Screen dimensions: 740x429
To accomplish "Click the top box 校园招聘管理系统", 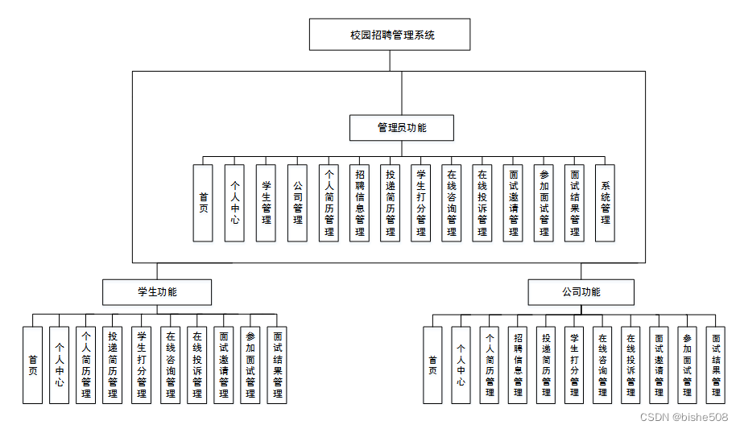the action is pos(390,35).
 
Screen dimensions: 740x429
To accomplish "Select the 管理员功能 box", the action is pos(402,127).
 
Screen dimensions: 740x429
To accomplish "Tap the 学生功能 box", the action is pos(157,292).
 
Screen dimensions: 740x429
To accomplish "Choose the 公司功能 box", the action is pos(581,292).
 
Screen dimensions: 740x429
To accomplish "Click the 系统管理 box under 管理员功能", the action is pos(605,203).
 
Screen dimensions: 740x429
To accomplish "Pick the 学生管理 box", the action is pos(267,203).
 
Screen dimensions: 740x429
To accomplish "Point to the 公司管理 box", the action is pos(297,203).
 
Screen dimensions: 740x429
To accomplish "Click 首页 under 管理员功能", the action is pos(203,203).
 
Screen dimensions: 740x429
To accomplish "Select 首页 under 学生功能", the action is pos(32,365).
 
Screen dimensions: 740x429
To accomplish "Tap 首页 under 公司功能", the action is pos(432,365).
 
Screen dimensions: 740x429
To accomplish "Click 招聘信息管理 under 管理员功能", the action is pos(360,203).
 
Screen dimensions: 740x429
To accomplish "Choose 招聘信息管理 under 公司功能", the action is pos(518,365).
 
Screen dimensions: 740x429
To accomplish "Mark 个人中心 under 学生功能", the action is pos(59,365).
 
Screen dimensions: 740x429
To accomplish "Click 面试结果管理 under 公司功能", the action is pos(716,365).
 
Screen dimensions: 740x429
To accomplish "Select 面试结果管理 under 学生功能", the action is pos(277,365).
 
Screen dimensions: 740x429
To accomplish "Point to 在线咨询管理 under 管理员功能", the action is pos(452,203).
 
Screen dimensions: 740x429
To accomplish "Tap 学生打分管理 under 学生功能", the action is pos(142,365).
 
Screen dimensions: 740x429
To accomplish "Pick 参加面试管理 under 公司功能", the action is pos(687,365).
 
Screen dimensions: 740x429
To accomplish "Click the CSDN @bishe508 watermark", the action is pos(684,417).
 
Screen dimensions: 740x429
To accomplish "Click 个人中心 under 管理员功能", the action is pos(234,203).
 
